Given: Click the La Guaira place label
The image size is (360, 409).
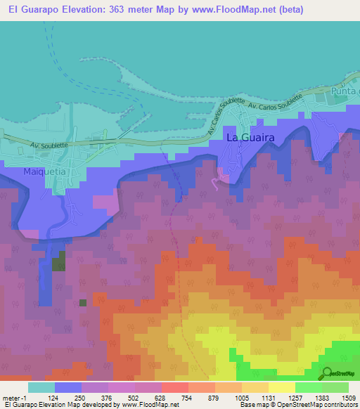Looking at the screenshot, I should point(250,138).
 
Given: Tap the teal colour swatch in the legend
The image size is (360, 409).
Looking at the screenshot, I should point(41,387).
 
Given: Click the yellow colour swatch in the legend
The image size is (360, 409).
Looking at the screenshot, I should point(281,387).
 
